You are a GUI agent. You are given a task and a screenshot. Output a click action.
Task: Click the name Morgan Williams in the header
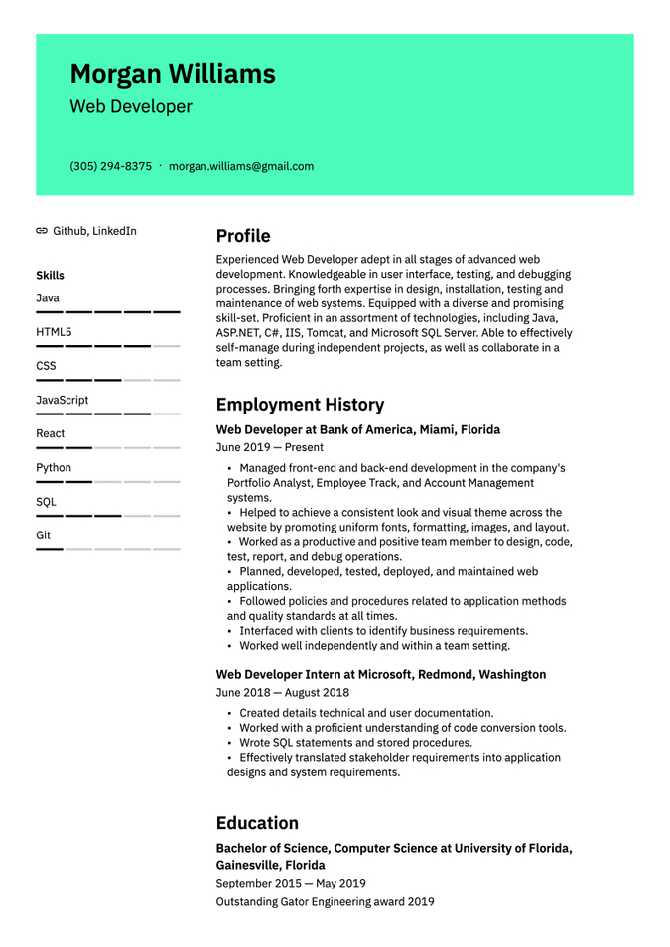click(x=173, y=74)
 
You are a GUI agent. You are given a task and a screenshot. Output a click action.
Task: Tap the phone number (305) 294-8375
click(x=110, y=166)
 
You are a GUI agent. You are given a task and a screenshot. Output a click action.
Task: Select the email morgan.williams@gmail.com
click(x=241, y=166)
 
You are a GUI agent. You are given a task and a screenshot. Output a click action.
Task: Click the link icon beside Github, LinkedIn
click(x=42, y=231)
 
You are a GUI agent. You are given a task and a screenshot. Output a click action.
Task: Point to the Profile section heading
click(x=243, y=236)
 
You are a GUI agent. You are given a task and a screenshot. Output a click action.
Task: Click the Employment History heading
click(x=300, y=405)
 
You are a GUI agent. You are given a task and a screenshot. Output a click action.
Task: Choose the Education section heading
click(x=257, y=823)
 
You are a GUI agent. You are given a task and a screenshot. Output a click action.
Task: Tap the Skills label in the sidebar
click(x=50, y=275)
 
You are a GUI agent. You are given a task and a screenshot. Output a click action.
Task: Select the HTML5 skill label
click(x=54, y=332)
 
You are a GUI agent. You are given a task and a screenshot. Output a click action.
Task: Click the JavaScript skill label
click(x=62, y=400)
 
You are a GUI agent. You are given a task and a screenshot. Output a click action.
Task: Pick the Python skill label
click(x=54, y=467)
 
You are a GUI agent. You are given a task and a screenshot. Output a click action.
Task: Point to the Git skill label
click(x=43, y=534)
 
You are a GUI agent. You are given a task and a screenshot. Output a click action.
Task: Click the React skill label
click(x=50, y=433)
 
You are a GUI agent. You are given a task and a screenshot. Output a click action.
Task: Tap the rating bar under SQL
click(x=108, y=516)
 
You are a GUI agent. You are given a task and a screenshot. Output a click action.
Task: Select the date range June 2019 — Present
click(x=269, y=447)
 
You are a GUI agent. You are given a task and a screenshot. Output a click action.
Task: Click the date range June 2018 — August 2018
click(x=283, y=692)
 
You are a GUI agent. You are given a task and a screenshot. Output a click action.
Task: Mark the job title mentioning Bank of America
click(x=358, y=429)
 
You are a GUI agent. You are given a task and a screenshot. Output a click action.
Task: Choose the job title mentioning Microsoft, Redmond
click(x=381, y=674)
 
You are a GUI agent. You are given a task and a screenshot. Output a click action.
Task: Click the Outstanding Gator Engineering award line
click(x=325, y=902)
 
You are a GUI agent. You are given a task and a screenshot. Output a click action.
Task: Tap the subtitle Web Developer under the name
click(x=131, y=106)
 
